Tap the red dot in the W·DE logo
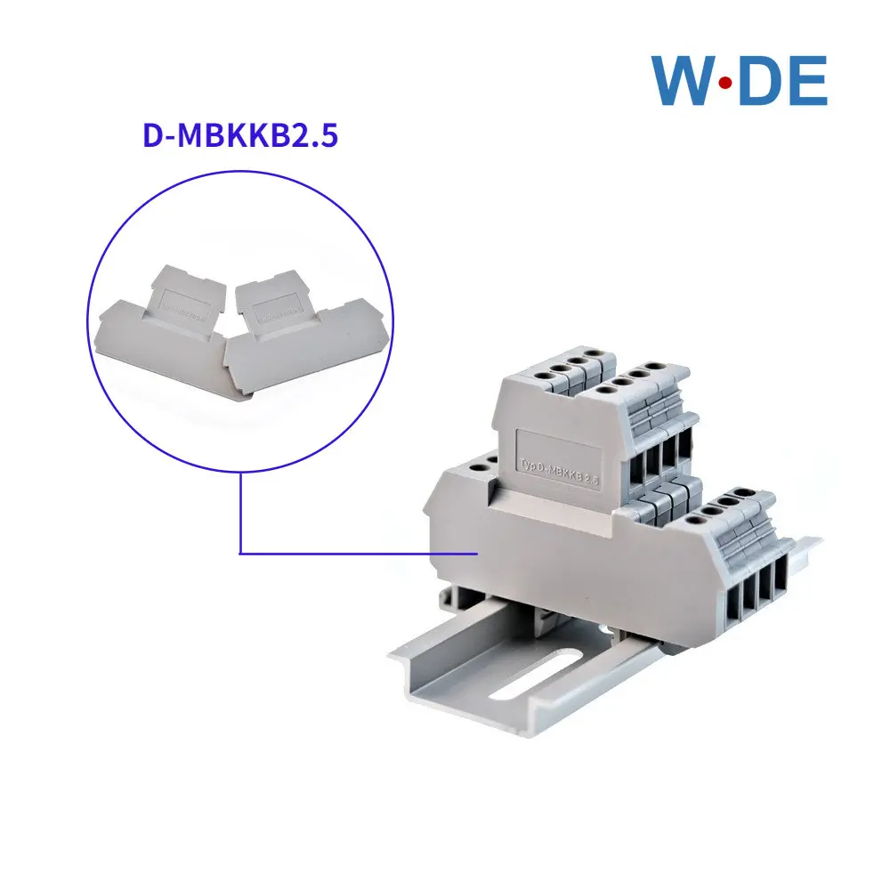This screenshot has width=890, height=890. [725, 82]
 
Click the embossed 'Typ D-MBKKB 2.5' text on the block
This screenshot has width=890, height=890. [557, 466]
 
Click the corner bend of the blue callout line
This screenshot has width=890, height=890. [241, 554]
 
